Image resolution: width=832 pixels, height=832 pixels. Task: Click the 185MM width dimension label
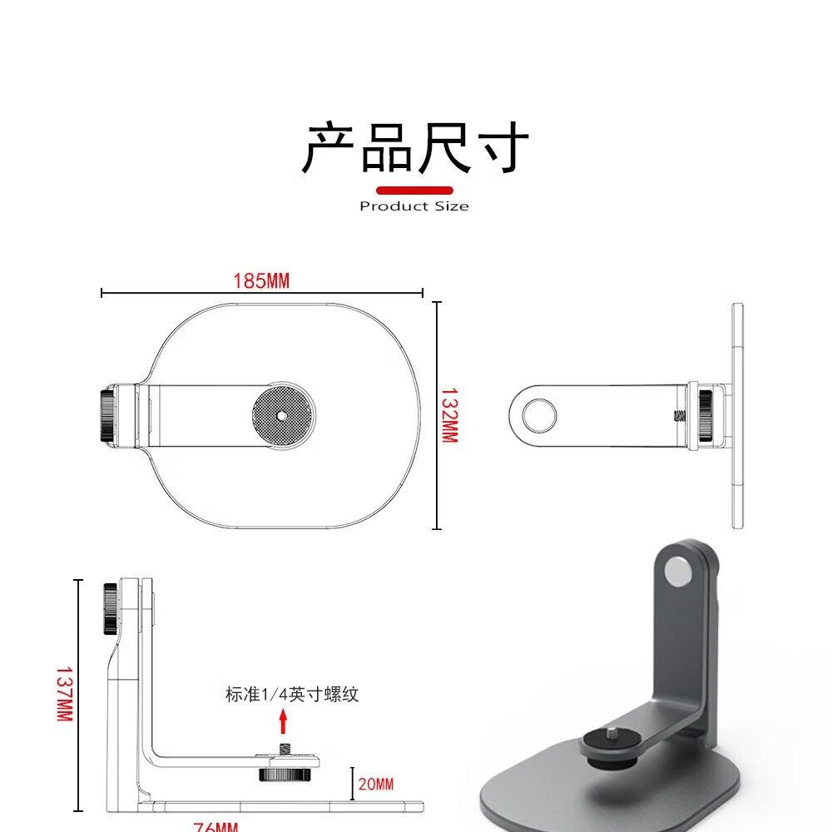pos(261,281)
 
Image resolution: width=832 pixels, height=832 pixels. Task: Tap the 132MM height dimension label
pos(449,414)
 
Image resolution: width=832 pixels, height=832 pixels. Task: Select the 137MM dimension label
pos(64,693)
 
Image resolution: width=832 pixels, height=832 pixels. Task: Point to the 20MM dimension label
pos(376,784)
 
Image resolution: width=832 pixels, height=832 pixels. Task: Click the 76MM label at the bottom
pos(215,826)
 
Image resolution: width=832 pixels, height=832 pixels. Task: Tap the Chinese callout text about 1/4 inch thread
pos(292,694)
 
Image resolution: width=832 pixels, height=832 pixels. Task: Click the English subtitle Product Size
pos(414,206)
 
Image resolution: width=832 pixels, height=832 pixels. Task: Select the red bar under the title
pos(414,191)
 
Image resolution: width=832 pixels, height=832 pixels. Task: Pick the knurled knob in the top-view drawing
pos(107,416)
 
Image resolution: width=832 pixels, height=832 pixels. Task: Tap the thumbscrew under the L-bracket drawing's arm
pos(280,773)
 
